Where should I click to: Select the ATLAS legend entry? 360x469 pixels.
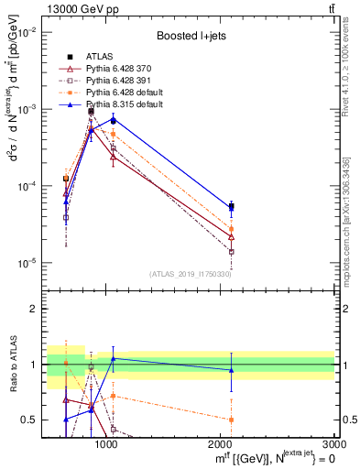pyautogui.click(x=100, y=58)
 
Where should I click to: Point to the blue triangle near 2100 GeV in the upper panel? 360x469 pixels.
pyautogui.click(x=231, y=208)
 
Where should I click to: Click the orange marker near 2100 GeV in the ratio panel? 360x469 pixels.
pyautogui.click(x=231, y=420)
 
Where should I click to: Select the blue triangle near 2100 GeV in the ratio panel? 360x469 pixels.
pyautogui.click(x=231, y=370)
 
